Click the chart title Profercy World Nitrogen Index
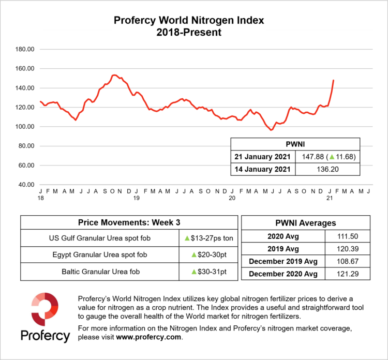point(189,21)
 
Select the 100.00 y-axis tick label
point(25,127)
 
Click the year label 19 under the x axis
point(136,198)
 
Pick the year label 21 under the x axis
point(330,198)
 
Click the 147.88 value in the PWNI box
point(307,156)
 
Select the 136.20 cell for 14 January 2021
point(326,169)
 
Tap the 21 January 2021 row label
point(262,156)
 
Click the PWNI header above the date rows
point(295,144)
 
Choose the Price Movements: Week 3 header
point(129,222)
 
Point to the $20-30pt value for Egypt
point(210,254)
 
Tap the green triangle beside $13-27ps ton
point(187,238)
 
